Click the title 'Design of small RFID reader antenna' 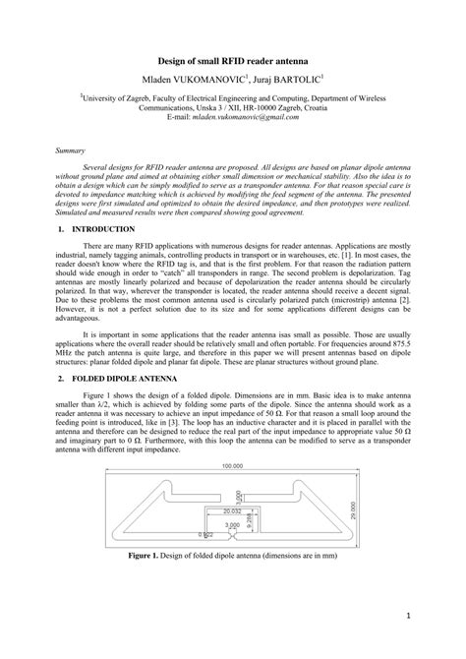point(233,60)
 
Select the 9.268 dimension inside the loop point(250,523)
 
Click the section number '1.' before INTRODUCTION point(61,228)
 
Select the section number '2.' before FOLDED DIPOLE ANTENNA point(61,378)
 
